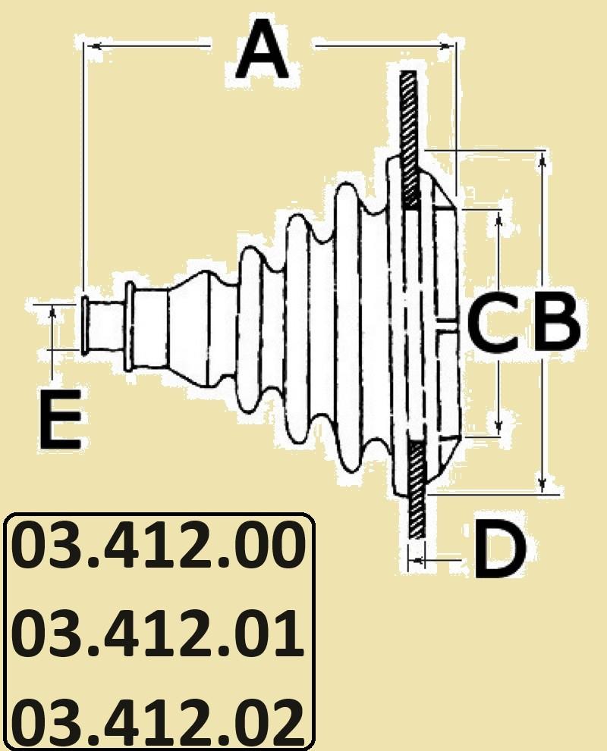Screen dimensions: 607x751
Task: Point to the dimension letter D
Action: point(499,549)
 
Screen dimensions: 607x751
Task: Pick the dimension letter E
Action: point(60,420)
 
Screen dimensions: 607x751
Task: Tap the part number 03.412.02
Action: point(159,723)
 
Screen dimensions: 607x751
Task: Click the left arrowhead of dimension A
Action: point(93,45)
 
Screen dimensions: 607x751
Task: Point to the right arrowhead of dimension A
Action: point(447,45)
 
